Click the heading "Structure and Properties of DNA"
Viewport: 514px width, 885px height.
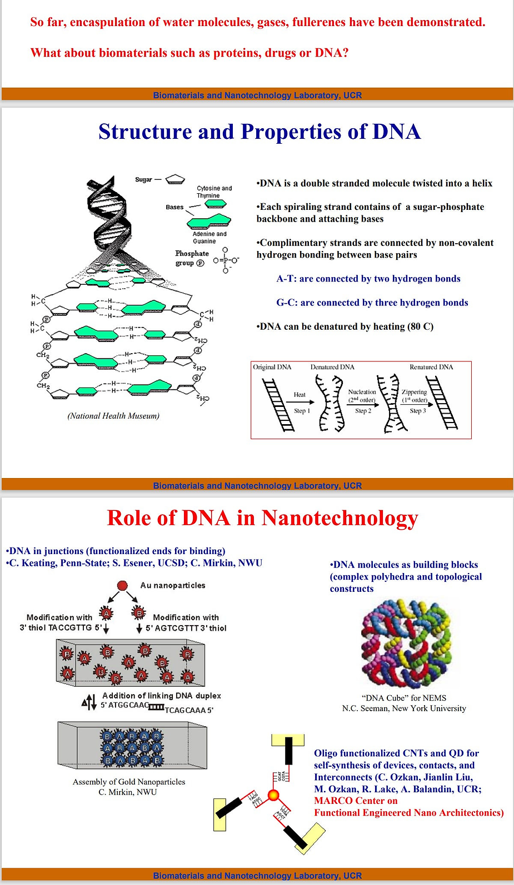pyautogui.click(x=260, y=132)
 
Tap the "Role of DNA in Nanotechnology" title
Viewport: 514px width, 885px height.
pyautogui.click(x=262, y=518)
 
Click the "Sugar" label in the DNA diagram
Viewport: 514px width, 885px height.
pyautogui.click(x=143, y=179)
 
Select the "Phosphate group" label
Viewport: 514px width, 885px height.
pyautogui.click(x=191, y=258)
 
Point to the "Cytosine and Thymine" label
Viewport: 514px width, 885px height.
pyautogui.click(x=214, y=192)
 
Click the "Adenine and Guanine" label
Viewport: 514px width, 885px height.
pyautogui.click(x=209, y=238)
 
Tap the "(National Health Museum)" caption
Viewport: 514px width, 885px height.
pyautogui.click(x=113, y=416)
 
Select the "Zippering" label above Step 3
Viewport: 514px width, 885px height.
pyautogui.click(x=414, y=392)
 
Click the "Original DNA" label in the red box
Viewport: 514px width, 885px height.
pyautogui.click(x=272, y=367)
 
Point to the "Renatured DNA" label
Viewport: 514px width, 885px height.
pyautogui.click(x=431, y=367)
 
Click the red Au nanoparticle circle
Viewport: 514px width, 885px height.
pyautogui.click(x=123, y=585)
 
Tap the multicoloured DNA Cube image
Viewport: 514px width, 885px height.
pyautogui.click(x=406, y=644)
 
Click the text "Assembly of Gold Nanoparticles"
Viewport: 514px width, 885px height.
pyautogui.click(x=129, y=782)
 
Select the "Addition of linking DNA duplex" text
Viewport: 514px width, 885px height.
pyautogui.click(x=161, y=696)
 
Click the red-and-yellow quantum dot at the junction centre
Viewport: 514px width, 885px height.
pyautogui.click(x=273, y=795)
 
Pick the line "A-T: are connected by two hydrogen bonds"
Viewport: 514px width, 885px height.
pyautogui.click(x=368, y=279)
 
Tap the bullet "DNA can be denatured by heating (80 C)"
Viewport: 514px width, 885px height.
pyautogui.click(x=345, y=326)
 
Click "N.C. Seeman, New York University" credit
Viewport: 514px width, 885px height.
pyautogui.click(x=404, y=708)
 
